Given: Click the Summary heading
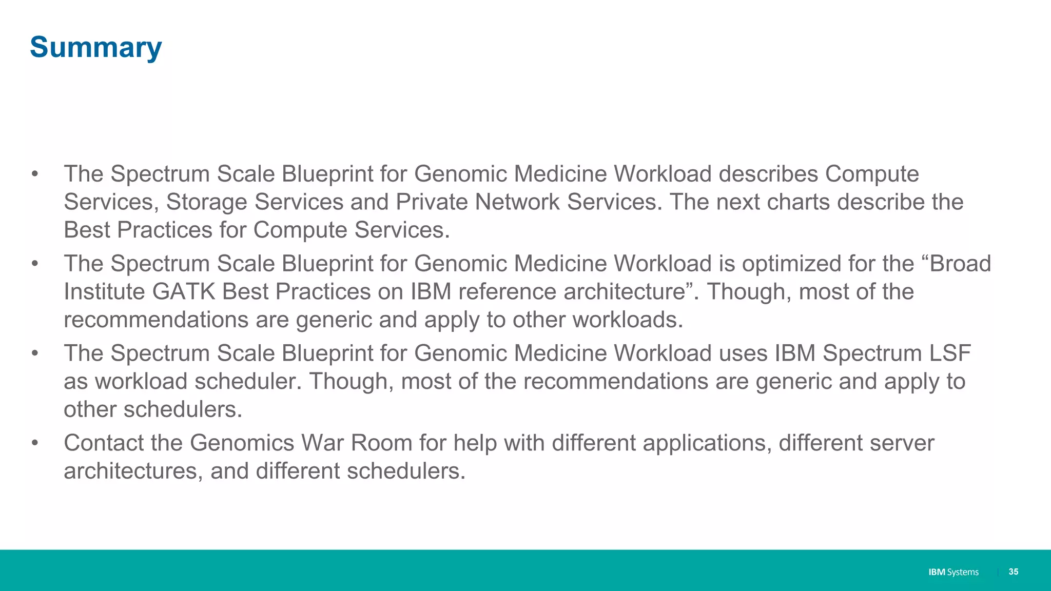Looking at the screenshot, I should [96, 47].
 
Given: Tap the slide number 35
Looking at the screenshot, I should [1013, 572].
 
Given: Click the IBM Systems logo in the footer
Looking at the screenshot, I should [953, 572].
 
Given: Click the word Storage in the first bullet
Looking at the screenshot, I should [299, 202].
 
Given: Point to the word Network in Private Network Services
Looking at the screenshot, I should [517, 202].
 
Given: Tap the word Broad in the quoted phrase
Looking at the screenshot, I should [960, 264].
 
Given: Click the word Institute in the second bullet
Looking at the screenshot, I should [104, 292].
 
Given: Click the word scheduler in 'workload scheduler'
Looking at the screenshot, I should [247, 382].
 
